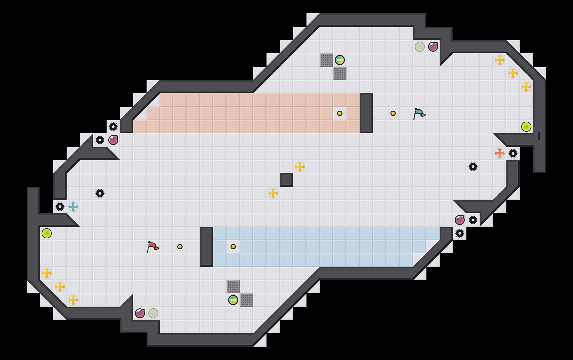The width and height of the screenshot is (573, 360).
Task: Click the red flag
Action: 153,247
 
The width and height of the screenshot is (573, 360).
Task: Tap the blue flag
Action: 419,113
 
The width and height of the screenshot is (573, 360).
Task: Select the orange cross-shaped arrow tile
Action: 499,153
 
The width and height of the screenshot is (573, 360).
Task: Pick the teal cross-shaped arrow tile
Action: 73,207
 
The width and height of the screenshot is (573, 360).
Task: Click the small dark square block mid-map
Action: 286,180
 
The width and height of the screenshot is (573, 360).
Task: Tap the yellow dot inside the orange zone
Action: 340,113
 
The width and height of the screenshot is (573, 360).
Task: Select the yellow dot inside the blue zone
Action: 233,247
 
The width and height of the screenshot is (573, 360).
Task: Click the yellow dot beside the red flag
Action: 180,247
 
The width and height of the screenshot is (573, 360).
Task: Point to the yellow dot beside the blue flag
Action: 393,113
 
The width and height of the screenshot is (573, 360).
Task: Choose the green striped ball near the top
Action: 340,60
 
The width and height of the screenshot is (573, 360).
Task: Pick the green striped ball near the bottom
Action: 233,300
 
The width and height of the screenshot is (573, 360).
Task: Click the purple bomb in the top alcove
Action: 433,47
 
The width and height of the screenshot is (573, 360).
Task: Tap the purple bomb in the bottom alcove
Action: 140,313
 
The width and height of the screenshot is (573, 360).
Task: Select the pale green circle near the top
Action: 420,47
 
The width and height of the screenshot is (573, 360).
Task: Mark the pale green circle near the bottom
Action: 153,313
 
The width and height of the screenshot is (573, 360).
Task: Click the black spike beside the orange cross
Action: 513,153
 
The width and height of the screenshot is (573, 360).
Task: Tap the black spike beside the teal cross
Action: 60,207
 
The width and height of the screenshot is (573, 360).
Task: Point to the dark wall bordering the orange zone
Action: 366,113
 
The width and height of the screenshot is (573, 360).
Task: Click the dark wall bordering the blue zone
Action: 207,247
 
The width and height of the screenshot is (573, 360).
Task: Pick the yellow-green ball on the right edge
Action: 526,127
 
